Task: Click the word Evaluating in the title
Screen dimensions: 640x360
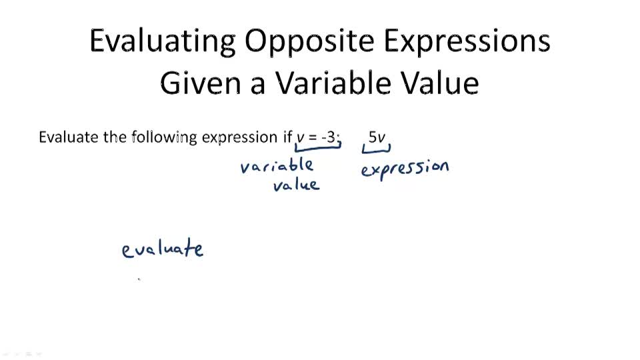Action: pyautogui.click(x=163, y=41)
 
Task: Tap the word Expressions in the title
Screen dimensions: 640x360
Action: pyautogui.click(x=467, y=41)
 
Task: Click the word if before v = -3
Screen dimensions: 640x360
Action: pyautogui.click(x=287, y=137)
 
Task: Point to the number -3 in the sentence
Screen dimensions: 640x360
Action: pyautogui.click(x=329, y=137)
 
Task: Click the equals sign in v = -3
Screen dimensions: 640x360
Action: pyautogui.click(x=313, y=137)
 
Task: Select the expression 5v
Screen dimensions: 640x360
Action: pyautogui.click(x=377, y=137)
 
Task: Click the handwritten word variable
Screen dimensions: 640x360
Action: pyautogui.click(x=277, y=165)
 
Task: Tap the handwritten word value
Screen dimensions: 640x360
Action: pyautogui.click(x=296, y=185)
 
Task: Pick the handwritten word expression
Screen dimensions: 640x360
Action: pyautogui.click(x=405, y=169)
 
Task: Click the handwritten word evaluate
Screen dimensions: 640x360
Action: pyautogui.click(x=163, y=249)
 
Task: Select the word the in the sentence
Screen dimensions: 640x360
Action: pyautogui.click(x=115, y=137)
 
